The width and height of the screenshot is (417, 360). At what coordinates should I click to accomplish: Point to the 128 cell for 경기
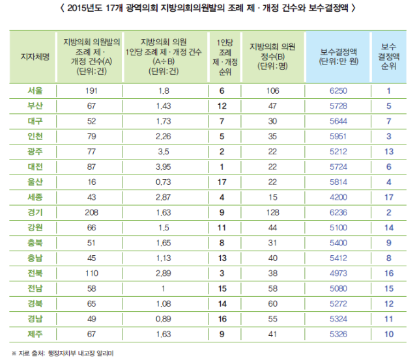coord(272,211)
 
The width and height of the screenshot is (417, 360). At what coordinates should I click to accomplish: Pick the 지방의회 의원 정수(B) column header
coord(272,56)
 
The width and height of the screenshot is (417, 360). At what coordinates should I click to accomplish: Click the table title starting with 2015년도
coord(208,8)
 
